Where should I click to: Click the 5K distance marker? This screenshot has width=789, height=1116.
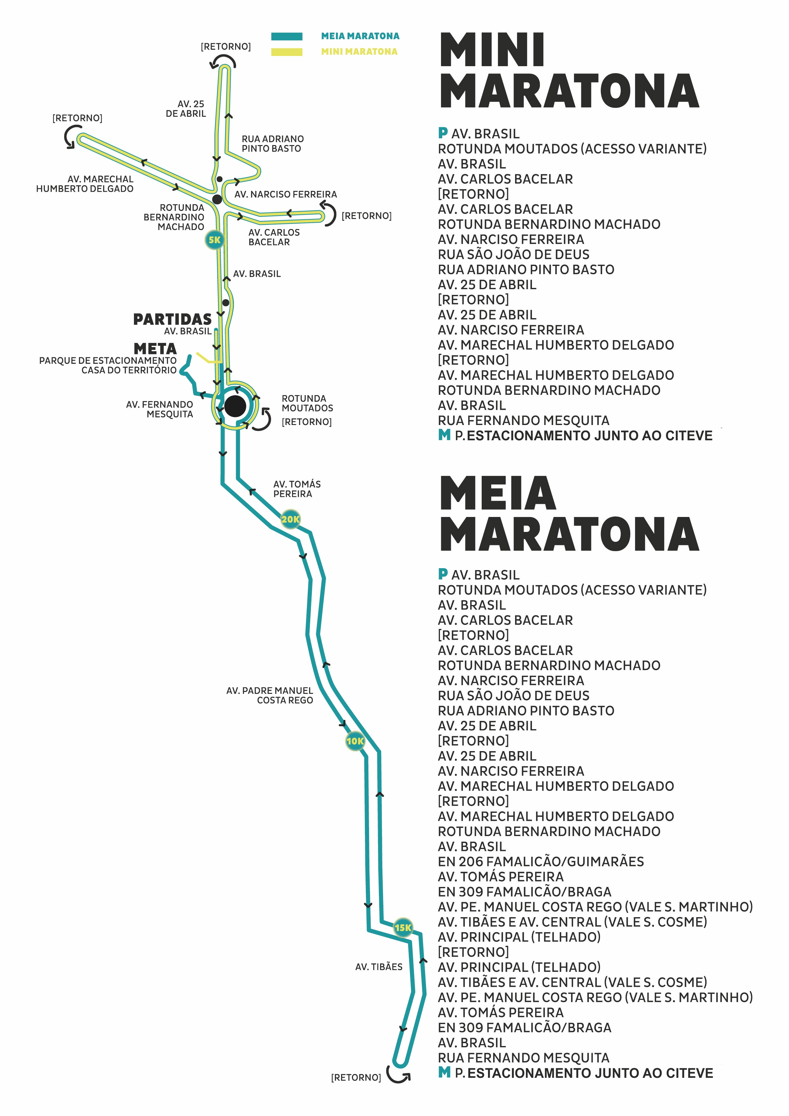[x=214, y=240]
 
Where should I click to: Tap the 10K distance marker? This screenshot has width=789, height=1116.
[x=355, y=741]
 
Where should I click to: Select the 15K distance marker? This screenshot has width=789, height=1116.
[x=403, y=927]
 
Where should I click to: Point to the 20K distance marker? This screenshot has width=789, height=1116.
[x=290, y=519]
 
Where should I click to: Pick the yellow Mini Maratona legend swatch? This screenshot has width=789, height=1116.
[x=287, y=52]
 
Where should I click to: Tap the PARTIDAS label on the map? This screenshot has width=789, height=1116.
[x=172, y=319]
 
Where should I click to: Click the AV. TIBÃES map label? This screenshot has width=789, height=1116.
[x=379, y=967]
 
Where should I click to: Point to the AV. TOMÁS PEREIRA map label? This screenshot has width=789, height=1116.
[x=297, y=489]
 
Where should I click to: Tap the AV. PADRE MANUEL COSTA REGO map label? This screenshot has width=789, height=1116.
[x=270, y=695]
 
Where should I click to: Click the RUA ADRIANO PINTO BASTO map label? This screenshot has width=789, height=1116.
[x=273, y=144]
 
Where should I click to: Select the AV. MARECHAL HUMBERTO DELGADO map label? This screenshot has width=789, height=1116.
[x=85, y=184]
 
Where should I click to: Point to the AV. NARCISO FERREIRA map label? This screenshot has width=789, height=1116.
[x=285, y=194]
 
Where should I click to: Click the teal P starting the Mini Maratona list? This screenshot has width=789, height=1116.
[x=443, y=132]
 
